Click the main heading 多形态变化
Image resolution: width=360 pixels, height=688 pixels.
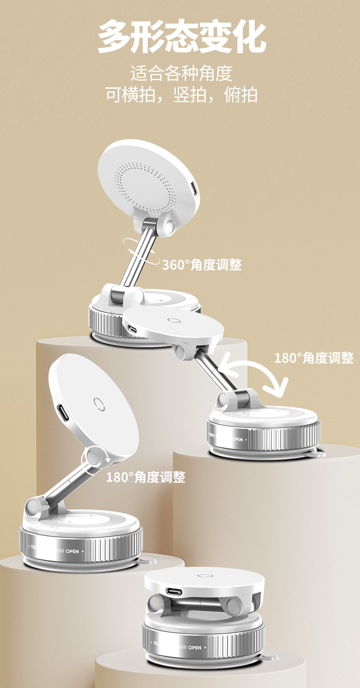(x=181, y=36)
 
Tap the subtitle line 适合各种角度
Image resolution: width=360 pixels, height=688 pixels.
(x=181, y=73)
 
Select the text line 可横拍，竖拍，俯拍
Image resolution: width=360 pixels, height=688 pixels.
(x=181, y=94)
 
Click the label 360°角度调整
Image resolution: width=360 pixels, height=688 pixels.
(x=202, y=265)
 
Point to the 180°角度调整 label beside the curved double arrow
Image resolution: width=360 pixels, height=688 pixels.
(x=314, y=358)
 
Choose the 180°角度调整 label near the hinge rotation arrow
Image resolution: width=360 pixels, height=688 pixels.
(x=146, y=477)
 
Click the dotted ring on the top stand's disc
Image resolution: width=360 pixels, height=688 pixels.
(x=145, y=186)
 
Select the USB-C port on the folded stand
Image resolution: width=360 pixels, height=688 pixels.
(x=175, y=591)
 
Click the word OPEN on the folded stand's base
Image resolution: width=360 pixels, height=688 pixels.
(x=195, y=648)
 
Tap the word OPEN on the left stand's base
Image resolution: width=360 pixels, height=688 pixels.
(x=72, y=551)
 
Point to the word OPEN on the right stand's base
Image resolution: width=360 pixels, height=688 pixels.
(x=238, y=440)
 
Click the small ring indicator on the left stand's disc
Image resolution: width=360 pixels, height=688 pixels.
(x=99, y=404)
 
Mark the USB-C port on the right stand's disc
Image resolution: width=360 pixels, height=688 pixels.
(x=133, y=329)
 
